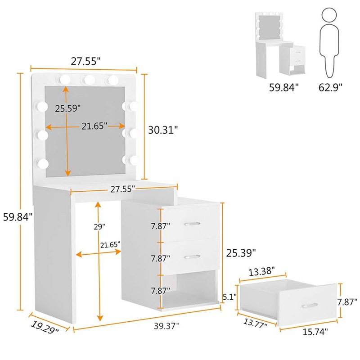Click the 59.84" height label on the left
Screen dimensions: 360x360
[18, 217]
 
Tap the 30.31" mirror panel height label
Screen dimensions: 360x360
[163, 130]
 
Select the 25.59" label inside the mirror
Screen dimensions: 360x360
[68, 108]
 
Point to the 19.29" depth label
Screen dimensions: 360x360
[45, 327]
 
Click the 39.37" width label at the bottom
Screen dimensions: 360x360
[166, 326]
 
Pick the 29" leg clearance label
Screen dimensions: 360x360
[99, 227]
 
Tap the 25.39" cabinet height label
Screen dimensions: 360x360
[241, 253]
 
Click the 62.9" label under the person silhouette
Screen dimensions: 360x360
[330, 87]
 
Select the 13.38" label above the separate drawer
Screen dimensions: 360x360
[261, 271]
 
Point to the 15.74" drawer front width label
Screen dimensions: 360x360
[315, 332]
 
